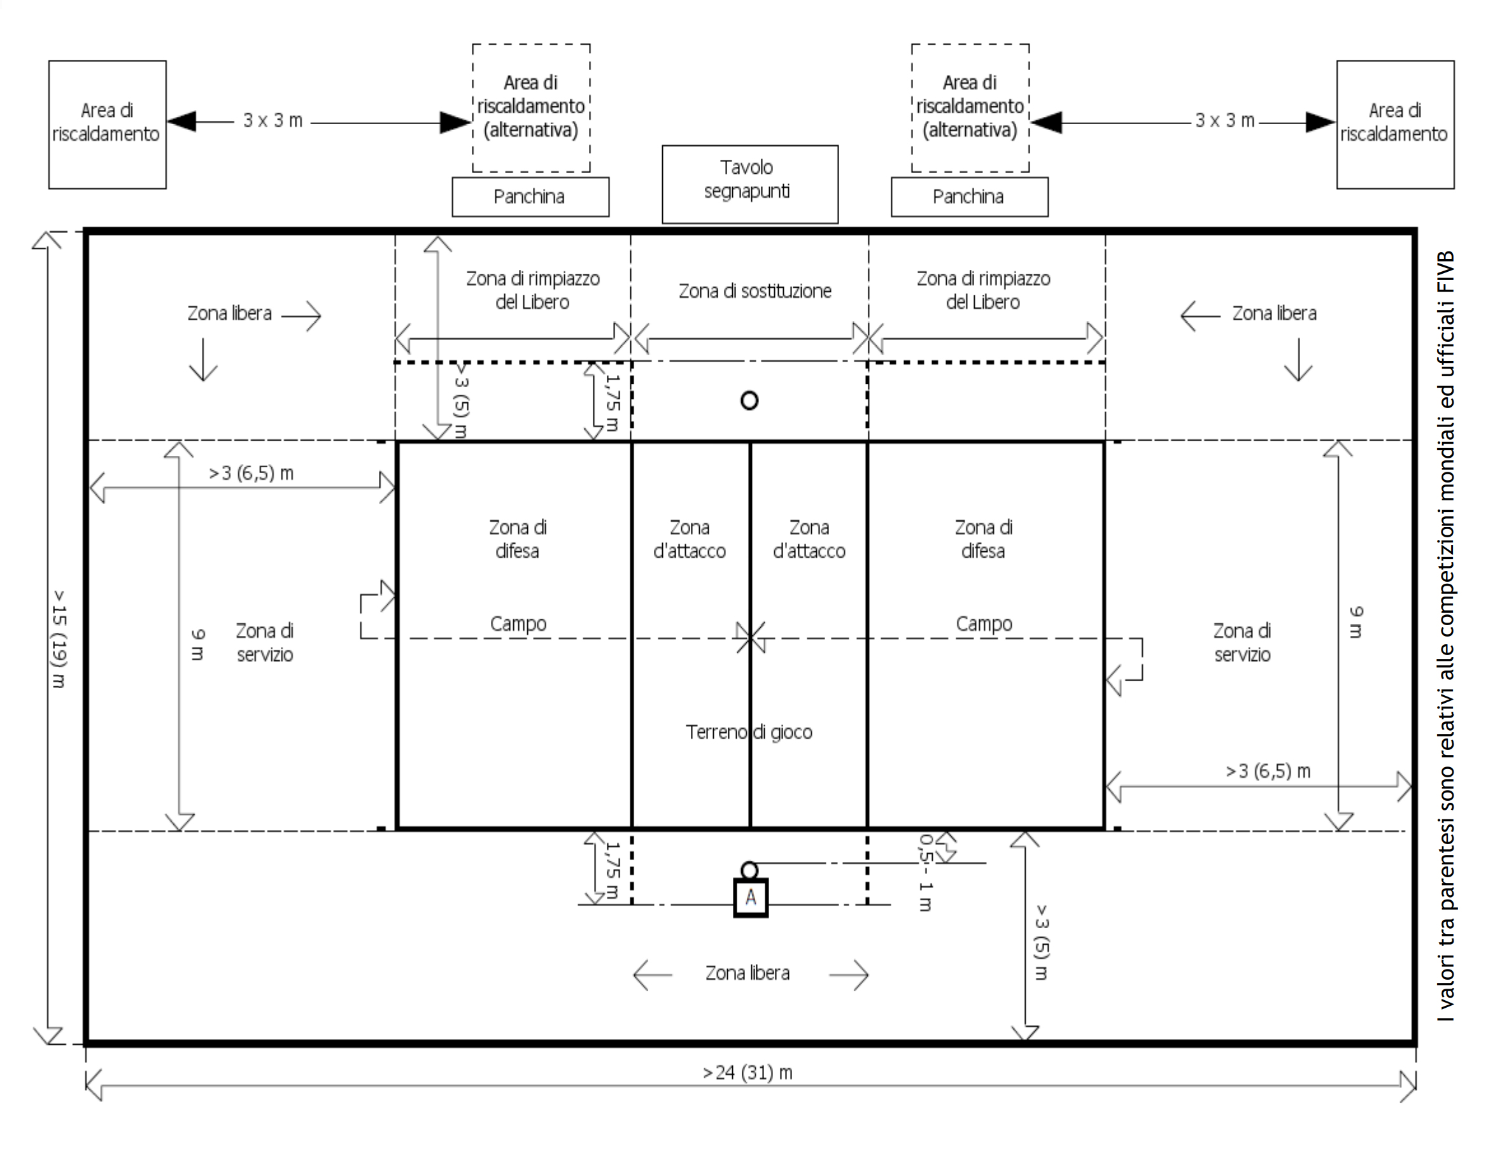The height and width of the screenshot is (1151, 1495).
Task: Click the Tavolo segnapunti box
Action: (x=749, y=183)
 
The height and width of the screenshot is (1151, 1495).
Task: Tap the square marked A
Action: (x=750, y=897)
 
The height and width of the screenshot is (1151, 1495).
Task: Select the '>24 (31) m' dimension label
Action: (x=747, y=1072)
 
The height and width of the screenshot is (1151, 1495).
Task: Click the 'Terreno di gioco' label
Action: (x=749, y=732)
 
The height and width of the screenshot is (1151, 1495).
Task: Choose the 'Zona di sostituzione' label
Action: (x=755, y=291)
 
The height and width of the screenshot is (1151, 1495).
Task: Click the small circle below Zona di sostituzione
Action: (x=749, y=400)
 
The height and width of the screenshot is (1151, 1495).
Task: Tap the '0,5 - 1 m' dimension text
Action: (x=926, y=872)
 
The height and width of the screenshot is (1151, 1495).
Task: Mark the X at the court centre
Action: (x=750, y=637)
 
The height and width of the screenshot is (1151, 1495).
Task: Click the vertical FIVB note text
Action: (x=1446, y=637)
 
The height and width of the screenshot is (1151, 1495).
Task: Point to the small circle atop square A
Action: (x=749, y=870)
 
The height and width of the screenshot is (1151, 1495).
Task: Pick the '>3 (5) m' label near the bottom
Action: (x=1041, y=942)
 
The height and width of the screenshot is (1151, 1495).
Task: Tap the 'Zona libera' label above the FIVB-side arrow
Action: (x=1274, y=313)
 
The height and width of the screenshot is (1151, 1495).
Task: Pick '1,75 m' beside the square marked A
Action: (x=613, y=870)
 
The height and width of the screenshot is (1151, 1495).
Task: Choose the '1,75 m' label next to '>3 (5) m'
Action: (x=613, y=402)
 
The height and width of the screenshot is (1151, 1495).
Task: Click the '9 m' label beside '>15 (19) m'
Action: (x=197, y=645)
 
